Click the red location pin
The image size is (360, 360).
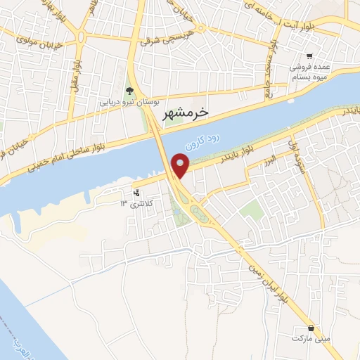(x=181, y=166)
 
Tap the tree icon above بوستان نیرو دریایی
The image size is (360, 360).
(x=129, y=90)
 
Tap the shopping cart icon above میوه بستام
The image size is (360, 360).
(x=310, y=56)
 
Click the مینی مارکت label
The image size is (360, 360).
(x=311, y=339)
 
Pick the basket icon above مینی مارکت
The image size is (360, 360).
(x=311, y=328)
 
